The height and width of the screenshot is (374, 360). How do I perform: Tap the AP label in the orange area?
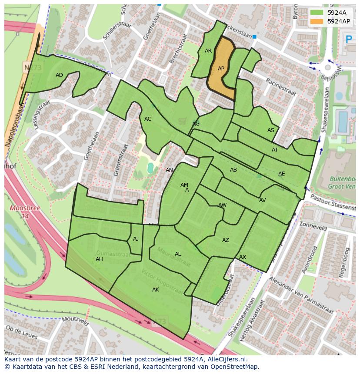tap(221, 69)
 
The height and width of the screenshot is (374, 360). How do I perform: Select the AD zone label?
tap(59, 75)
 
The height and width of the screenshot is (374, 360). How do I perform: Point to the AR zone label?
tap(208, 51)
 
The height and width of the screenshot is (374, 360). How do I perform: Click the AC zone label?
tap(148, 119)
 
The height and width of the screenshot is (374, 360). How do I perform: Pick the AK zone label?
tap(156, 290)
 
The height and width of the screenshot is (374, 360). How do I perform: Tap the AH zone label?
tap(99, 259)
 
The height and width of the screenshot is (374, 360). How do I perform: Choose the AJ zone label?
tap(136, 239)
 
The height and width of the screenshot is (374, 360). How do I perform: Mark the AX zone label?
tap(243, 257)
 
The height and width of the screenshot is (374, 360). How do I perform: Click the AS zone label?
tap(271, 130)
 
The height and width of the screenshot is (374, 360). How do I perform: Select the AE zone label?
tap(281, 174)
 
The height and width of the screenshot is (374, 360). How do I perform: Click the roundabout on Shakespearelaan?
tap(327, 67)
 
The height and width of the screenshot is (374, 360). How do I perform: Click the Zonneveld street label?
tap(313, 227)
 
